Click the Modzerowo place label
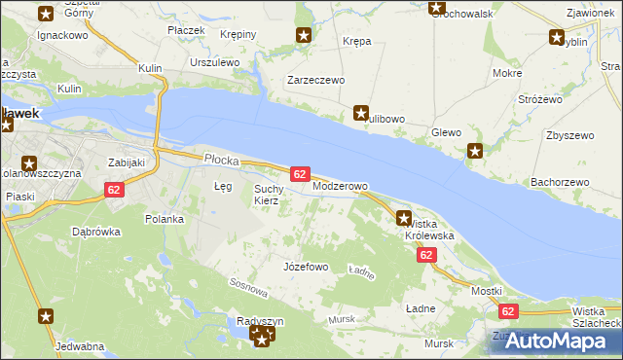340,186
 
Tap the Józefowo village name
305,266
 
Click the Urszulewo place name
215,61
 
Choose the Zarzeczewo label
315,81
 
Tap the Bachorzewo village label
561,182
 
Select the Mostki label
486,291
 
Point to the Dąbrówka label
95,232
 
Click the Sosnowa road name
248,288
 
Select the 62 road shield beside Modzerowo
300,173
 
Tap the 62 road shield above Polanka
114,190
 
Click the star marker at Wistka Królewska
404,219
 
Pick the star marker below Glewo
475,151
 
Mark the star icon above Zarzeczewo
304,37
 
